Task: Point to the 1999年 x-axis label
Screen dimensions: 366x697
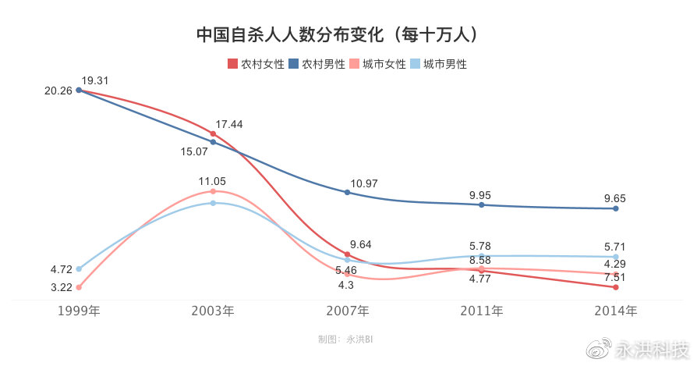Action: (79, 311)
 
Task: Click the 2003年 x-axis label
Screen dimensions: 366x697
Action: (213, 311)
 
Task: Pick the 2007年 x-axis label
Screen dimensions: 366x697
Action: (347, 311)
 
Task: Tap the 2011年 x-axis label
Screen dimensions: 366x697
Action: (481, 311)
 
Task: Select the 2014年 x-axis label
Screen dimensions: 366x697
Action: (615, 311)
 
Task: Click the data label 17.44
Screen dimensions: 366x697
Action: (229, 124)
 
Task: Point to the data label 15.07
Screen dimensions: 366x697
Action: (194, 151)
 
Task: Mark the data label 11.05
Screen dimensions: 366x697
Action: (212, 181)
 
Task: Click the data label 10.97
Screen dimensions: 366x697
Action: (364, 183)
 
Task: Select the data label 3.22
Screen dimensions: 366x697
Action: (61, 287)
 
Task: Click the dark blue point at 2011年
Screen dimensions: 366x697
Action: (481, 204)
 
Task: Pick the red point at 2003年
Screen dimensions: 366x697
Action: (213, 133)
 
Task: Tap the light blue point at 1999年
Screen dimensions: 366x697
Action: (79, 268)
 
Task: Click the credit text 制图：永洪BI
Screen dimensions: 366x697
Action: (347, 339)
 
